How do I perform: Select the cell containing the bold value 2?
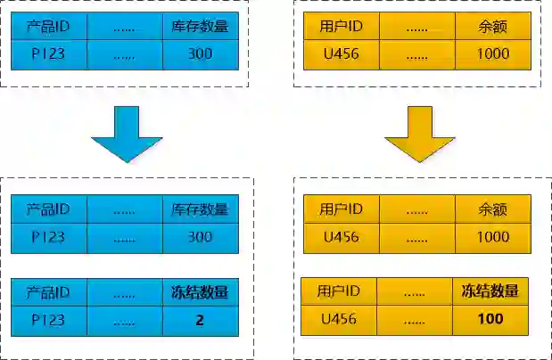[x=200, y=320]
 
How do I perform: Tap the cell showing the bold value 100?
[x=490, y=318]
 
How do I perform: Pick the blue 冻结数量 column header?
[x=200, y=292]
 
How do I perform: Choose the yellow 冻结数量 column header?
[x=490, y=290]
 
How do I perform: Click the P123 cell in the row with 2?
[x=48, y=320]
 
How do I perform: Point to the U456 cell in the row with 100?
[x=339, y=318]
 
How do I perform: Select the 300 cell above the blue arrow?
[x=201, y=53]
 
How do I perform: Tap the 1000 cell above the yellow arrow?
[x=492, y=53]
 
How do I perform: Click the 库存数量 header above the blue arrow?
[x=201, y=26]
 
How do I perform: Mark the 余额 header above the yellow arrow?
[x=492, y=26]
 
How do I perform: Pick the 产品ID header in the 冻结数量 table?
[x=48, y=292]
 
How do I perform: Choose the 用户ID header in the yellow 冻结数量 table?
[x=339, y=290]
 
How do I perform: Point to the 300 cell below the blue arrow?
[x=201, y=237]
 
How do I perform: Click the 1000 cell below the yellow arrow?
[x=492, y=237]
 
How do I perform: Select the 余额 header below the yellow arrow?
[x=492, y=209]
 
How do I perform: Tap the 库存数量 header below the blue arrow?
[x=201, y=209]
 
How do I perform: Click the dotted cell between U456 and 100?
[x=414, y=318]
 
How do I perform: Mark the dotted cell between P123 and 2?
[x=124, y=320]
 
